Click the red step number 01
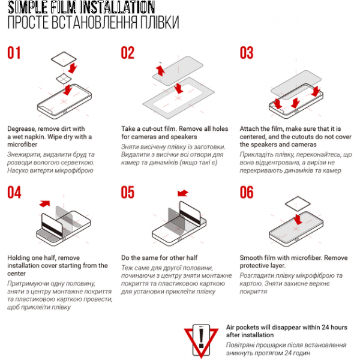[x=14, y=53]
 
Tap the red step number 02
[x=128, y=53]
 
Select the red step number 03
[x=247, y=53]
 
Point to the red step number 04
[x=14, y=192]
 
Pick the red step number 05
[x=128, y=192]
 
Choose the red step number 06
[x=247, y=192]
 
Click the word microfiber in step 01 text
[x=22, y=145]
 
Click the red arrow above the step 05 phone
[x=183, y=193]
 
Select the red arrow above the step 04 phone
[x=44, y=203]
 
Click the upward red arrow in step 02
[x=160, y=70]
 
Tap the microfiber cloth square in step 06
[x=298, y=203]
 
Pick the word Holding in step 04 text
[x=19, y=258]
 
